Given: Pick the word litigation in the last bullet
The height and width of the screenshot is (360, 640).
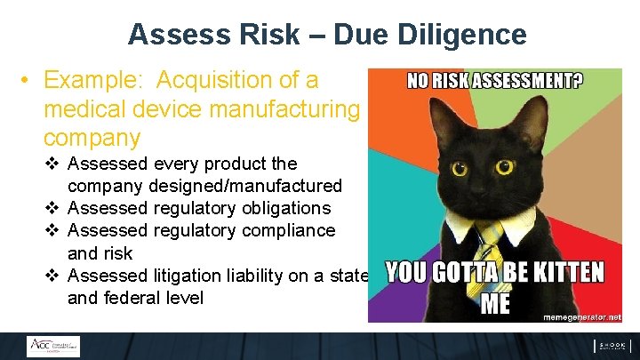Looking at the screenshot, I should [197, 276].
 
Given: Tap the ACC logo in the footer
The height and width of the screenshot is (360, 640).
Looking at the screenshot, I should [52, 346].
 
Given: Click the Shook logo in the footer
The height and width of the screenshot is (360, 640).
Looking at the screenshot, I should [612, 346].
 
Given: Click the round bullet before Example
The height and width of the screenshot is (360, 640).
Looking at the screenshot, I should [28, 81].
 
